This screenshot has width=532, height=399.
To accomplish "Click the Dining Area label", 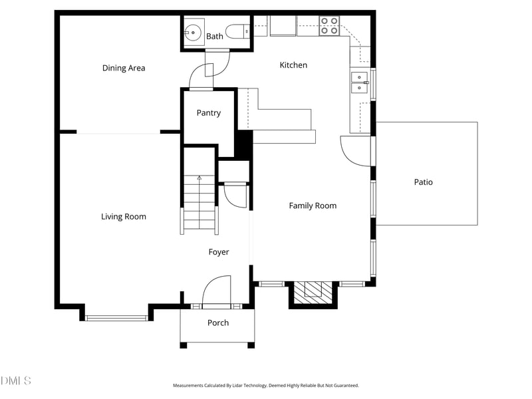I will pyautogui.click(x=124, y=68).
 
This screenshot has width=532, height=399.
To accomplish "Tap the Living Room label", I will pyautogui.click(x=124, y=216).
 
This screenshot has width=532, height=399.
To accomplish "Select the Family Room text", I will pyautogui.click(x=313, y=205).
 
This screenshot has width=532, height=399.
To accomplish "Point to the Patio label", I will pyautogui.click(x=423, y=182).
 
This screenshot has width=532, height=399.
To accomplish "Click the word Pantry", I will pyautogui.click(x=208, y=113).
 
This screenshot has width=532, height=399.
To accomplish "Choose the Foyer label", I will pyautogui.click(x=219, y=252).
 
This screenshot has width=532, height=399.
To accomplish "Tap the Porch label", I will pyautogui.click(x=217, y=323).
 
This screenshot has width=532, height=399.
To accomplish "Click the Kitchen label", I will pyautogui.click(x=293, y=65).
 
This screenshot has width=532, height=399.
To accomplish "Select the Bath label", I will pyautogui.click(x=214, y=37).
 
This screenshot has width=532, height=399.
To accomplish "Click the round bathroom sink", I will pyautogui.click(x=194, y=31).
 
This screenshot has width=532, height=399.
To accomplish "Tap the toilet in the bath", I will pyautogui.click(x=237, y=31).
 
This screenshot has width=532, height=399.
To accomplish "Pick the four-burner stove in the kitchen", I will pyautogui.click(x=329, y=25).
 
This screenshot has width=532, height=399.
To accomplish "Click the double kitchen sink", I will pyautogui.click(x=360, y=82).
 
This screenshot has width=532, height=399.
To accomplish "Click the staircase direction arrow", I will pyautogui.click(x=199, y=178).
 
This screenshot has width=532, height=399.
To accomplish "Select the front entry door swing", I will pyautogui.click(x=216, y=291).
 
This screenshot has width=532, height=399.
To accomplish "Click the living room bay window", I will pyautogui.click(x=116, y=317).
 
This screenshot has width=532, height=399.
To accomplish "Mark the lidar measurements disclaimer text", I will pyautogui.click(x=266, y=385).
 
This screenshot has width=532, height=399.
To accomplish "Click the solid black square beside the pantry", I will pyautogui.click(x=243, y=144).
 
